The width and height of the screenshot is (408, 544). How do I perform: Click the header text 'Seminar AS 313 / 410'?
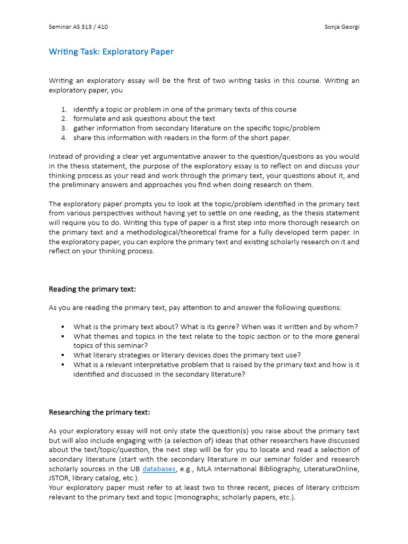(78, 27)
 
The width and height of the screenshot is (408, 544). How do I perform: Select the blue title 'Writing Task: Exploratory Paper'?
(111, 52)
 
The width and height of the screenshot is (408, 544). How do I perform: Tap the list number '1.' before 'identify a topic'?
(64, 109)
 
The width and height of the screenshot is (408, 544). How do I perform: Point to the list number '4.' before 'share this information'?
(64, 138)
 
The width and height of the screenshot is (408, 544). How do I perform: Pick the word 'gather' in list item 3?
(84, 128)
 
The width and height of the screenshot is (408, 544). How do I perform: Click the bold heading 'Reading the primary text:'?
(92, 289)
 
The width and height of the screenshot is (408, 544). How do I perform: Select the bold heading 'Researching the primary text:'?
(99, 412)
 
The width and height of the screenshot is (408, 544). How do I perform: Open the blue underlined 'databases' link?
(159, 469)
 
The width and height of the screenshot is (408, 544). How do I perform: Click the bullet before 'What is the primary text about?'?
(63, 327)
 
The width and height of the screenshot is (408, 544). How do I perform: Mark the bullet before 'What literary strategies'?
(63, 355)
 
